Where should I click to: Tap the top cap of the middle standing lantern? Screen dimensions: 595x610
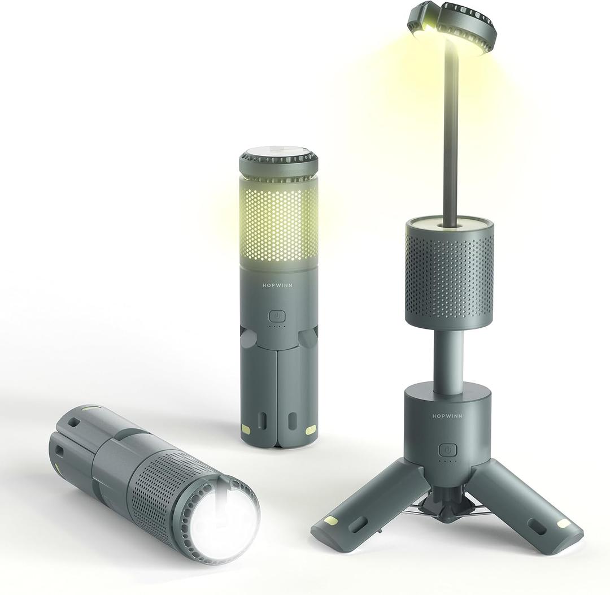click(278, 162)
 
